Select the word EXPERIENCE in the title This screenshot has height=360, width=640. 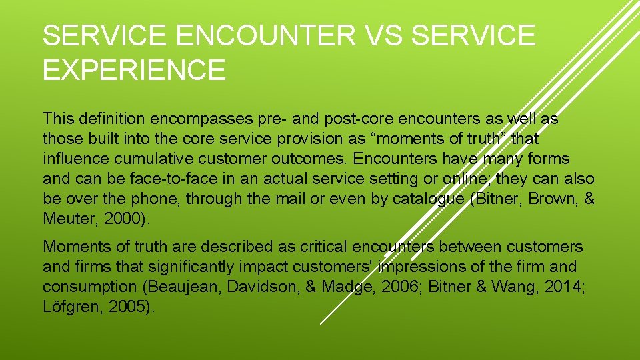[x=134, y=69]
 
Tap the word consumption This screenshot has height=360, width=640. [x=87, y=287]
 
